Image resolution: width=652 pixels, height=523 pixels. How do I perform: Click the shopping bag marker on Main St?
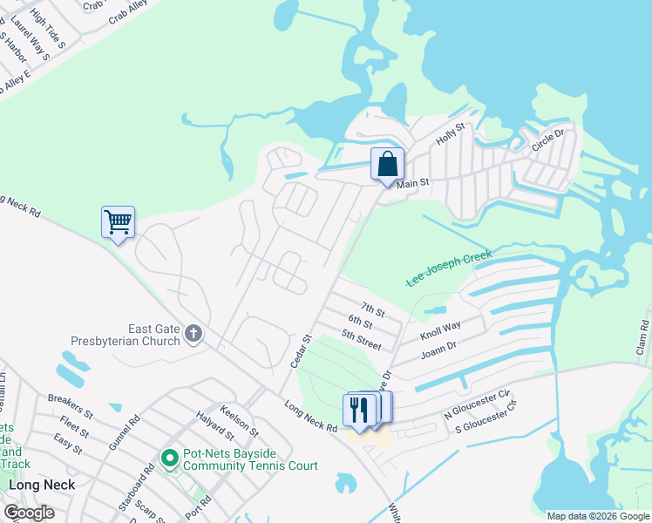[387, 164]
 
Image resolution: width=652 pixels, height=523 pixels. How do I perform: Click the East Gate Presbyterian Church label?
[154, 334]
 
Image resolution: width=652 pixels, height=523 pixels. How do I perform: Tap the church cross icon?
[193, 334]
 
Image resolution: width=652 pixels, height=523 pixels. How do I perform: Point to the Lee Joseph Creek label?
[449, 268]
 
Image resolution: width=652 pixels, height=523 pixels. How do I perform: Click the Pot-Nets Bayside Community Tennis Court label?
[249, 460]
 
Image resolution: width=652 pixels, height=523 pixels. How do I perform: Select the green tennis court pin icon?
[169, 458]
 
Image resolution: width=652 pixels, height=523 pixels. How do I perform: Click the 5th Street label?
[361, 341]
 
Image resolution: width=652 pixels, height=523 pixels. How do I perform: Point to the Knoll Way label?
[440, 331]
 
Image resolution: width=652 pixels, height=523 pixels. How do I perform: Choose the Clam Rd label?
[642, 336]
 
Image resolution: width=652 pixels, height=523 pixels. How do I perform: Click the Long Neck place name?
[40, 485]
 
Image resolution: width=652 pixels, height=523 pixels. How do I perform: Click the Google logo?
[29, 513]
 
